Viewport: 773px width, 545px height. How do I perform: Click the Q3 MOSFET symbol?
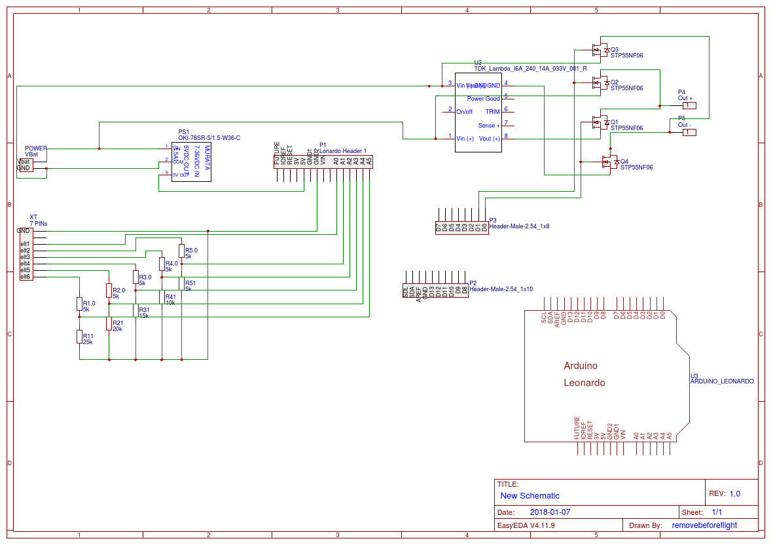pyautogui.click(x=598, y=50)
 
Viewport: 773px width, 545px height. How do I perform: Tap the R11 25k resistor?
pyautogui.click(x=79, y=337)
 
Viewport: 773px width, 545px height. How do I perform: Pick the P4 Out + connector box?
pyautogui.click(x=689, y=105)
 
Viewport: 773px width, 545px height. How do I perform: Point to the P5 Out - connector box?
pyautogui.click(x=689, y=132)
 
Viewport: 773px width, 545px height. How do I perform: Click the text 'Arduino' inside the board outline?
pyautogui.click(x=581, y=366)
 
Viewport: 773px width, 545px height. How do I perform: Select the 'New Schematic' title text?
pyautogui.click(x=530, y=496)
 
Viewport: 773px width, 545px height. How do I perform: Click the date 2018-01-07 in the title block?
pyautogui.click(x=550, y=512)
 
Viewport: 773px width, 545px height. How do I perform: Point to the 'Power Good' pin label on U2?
pyautogui.click(x=483, y=99)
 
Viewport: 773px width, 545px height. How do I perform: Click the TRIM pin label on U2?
pyautogui.click(x=492, y=112)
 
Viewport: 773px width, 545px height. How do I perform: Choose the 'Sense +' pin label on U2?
pyautogui.click(x=489, y=126)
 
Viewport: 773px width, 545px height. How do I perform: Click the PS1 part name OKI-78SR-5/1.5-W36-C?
pyautogui.click(x=209, y=137)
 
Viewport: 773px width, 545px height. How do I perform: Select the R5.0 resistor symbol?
pyautogui.click(x=181, y=251)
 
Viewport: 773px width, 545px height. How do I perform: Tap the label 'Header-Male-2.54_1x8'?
pyautogui.click(x=519, y=226)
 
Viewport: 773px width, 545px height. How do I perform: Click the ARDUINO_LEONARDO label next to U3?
pyautogui.click(x=722, y=381)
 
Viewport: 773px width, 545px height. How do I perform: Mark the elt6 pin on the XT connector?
pyautogui.click(x=25, y=277)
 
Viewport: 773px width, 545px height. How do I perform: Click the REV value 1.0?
pyautogui.click(x=734, y=494)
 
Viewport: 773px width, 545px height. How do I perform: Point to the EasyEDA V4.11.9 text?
pyautogui.click(x=526, y=525)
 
